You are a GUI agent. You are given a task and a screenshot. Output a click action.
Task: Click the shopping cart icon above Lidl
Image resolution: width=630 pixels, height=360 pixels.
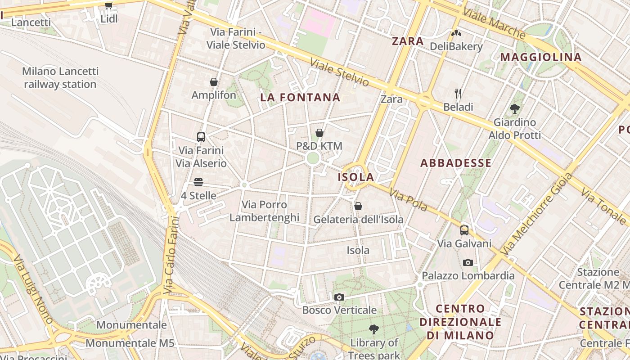(x=108, y=6)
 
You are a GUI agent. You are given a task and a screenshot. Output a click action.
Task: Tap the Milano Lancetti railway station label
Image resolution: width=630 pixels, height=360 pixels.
(x=60, y=78)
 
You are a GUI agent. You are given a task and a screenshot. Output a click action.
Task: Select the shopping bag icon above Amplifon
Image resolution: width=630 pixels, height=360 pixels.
(x=214, y=82)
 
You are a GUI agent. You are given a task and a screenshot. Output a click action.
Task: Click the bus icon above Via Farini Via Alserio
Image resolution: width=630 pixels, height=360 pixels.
(x=201, y=137)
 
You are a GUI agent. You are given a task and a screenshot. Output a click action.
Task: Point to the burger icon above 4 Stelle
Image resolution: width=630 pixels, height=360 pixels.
(x=198, y=182)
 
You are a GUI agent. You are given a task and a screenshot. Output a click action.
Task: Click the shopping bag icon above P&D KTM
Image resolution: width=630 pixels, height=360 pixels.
(x=319, y=133)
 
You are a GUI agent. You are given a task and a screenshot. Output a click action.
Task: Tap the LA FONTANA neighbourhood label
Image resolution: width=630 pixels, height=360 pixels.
(x=300, y=97)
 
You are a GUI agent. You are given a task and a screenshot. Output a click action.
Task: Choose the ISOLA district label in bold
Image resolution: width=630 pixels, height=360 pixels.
(x=356, y=177)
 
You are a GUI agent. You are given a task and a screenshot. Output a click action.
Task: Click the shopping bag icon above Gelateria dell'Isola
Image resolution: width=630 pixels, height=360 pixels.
(x=358, y=206)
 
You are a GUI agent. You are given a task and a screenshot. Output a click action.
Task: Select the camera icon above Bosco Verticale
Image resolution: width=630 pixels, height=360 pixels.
(x=339, y=297)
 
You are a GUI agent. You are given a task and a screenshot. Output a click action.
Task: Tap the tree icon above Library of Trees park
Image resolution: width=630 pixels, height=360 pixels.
(x=373, y=329)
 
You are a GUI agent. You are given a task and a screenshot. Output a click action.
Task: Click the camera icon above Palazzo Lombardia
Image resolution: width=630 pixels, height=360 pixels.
(x=468, y=262)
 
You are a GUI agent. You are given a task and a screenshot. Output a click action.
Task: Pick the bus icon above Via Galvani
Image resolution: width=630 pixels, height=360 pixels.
(x=464, y=230)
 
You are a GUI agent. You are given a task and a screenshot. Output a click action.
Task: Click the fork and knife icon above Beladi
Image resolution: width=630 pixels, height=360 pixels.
(x=458, y=94)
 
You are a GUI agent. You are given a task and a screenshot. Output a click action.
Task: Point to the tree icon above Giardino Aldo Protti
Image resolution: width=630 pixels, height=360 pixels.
(x=515, y=108)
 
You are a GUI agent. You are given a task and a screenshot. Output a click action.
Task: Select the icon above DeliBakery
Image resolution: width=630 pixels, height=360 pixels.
(x=456, y=33)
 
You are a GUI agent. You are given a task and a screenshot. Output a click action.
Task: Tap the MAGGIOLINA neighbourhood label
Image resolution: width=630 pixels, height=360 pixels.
(x=541, y=57)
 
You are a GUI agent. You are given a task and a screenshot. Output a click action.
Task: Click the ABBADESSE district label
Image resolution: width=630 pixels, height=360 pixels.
(x=456, y=163)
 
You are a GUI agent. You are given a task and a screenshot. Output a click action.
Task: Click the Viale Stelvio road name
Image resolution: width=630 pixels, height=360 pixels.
(x=340, y=72)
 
